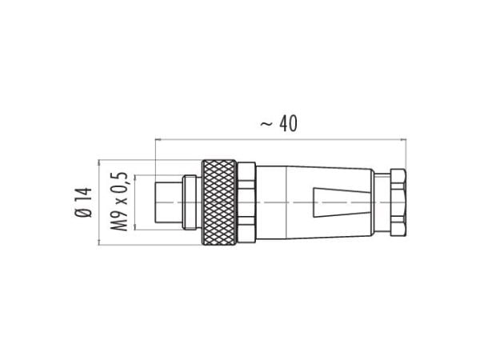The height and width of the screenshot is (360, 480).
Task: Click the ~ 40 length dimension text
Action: point(278,124)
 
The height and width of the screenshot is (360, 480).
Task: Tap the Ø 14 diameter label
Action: point(83,202)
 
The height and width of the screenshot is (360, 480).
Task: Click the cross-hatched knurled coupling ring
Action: point(219,202)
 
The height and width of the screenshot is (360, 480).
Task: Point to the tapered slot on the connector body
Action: point(342,202)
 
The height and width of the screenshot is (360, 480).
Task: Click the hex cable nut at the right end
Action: point(398,202)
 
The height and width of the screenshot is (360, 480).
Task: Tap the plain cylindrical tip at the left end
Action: point(169,202)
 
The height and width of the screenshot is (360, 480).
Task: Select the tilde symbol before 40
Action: point(266,124)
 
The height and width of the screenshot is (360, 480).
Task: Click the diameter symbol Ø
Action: point(83,213)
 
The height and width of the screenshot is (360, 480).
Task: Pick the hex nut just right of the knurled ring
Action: point(246,202)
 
